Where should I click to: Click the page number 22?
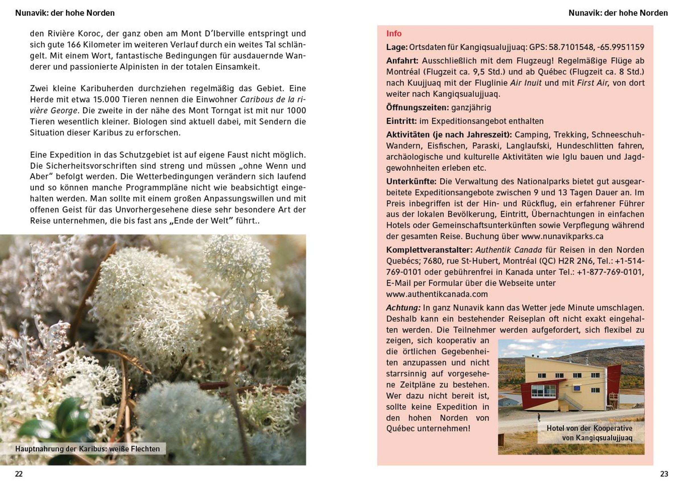tap(19, 474)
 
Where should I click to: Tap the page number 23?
tap(664, 474)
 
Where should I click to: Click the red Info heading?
tap(394, 33)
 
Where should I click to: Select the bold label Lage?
tap(397, 47)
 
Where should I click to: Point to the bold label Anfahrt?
tap(402, 61)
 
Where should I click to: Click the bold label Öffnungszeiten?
tap(417, 108)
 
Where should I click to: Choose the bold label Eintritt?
tap(402, 121)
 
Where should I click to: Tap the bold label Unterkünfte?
tap(411, 181)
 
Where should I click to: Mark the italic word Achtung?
tap(403, 308)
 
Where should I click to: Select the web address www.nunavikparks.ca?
tap(562, 236)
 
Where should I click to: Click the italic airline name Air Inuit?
tap(526, 83)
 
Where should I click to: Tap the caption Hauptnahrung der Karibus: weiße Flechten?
tap(87, 449)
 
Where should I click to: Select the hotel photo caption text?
tap(590, 433)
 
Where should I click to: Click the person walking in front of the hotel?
tap(539, 417)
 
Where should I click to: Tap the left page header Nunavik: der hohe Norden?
tap(65, 13)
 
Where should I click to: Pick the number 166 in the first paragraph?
tap(73, 45)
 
